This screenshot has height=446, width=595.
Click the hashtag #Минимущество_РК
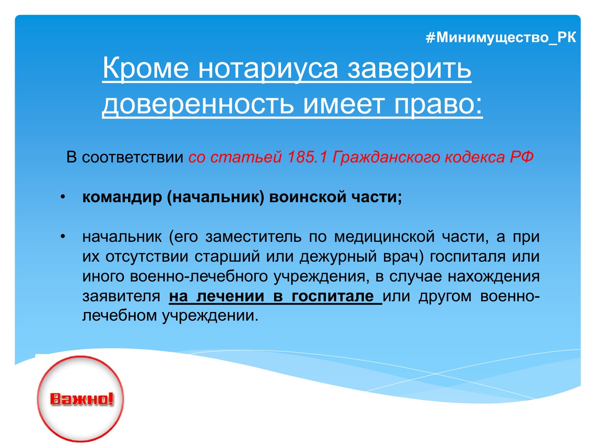pos(501,38)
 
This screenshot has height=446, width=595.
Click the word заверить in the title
pos(409,68)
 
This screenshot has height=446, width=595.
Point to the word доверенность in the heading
pos(198,105)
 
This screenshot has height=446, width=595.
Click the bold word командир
pos(122,197)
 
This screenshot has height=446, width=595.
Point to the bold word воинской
pos(308,197)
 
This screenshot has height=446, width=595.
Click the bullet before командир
pos(63,197)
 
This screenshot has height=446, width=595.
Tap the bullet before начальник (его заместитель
pos(63,237)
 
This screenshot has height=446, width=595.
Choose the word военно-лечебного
pos(199,276)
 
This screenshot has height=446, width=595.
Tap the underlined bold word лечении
pos(230,296)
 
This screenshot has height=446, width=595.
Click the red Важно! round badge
pos(81,399)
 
